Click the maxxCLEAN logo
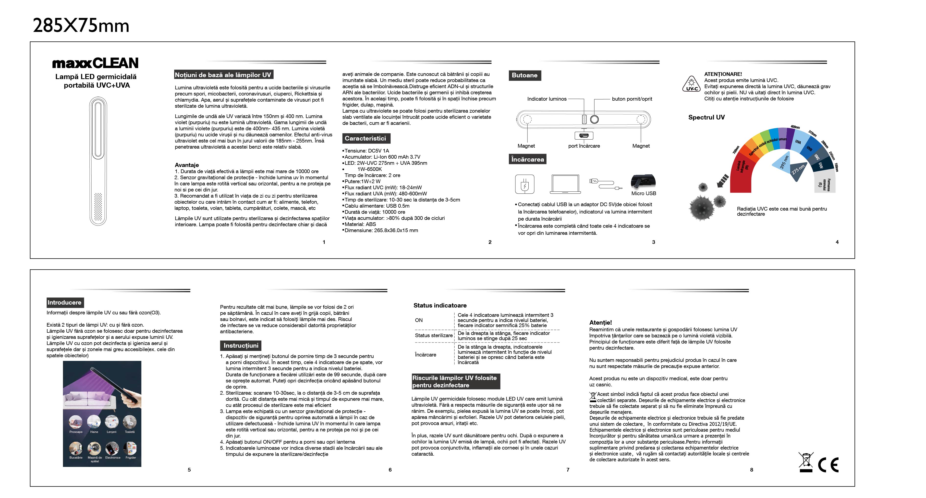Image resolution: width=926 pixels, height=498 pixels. coord(95,63)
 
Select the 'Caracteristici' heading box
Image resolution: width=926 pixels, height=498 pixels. coord(365,138)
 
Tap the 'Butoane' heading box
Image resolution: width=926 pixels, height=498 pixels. coord(524,75)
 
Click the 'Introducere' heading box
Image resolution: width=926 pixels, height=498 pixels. coord(65,303)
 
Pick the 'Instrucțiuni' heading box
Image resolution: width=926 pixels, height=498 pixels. coord(241,346)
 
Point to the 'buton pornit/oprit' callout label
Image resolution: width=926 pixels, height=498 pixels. coord(632,99)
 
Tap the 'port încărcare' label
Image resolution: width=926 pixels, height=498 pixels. coord(584,146)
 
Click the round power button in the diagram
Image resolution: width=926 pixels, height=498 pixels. coord(595,119)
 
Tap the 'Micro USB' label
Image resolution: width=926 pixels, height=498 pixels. coord(644,193)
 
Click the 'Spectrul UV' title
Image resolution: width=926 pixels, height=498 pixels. coord(706,118)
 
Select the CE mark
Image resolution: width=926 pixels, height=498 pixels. coord(829,465)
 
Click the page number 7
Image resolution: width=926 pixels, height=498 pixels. coord(568,470)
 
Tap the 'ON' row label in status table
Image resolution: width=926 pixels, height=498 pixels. coord(419,320)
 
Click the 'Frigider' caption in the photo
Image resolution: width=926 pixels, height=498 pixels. coord(131,458)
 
